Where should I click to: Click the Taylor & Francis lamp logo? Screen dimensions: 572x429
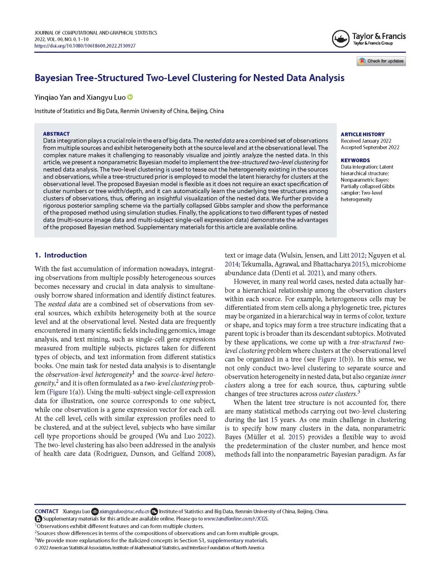341,39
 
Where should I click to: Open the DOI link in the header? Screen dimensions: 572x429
85,46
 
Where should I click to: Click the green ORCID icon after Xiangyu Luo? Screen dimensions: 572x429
130,97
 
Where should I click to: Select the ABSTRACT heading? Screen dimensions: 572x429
56,134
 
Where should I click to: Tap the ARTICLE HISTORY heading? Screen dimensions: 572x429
363,134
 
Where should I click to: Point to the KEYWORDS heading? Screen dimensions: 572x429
355,160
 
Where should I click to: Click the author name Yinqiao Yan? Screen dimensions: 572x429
53,97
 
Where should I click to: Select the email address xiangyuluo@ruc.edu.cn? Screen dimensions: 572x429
124,511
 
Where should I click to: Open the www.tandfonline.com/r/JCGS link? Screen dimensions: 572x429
236,519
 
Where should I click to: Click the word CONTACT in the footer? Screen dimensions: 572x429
46,511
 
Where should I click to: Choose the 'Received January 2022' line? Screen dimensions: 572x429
366,141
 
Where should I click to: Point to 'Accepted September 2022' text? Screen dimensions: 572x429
370,147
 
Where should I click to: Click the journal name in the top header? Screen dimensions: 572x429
96,33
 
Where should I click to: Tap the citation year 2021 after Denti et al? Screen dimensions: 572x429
314,273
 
